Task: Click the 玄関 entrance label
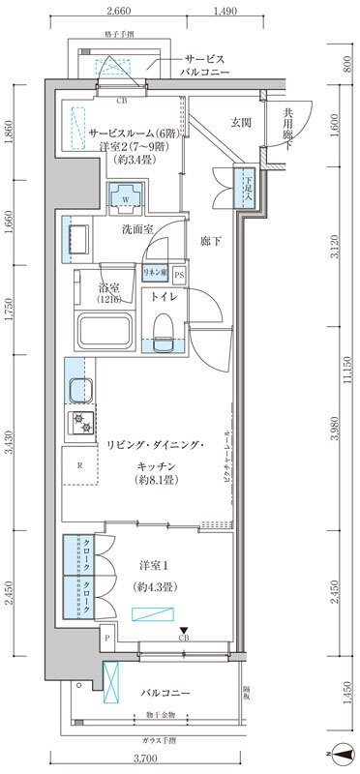point(241,122)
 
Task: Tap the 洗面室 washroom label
point(137,229)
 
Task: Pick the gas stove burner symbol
point(77,421)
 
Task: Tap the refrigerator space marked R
point(79,466)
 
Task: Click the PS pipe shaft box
point(179,275)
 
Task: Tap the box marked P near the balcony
point(105,638)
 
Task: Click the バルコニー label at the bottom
point(162,694)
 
